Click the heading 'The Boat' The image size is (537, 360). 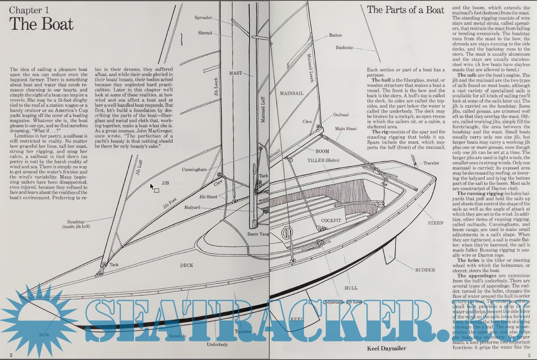tap(42, 24)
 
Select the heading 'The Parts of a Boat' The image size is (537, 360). tap(406, 10)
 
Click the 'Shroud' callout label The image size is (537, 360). tap(205, 33)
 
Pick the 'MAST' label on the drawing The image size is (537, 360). tap(235, 73)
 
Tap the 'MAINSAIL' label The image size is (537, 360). tap(291, 94)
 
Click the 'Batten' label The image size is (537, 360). tap(335, 35)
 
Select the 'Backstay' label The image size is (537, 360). tap(344, 48)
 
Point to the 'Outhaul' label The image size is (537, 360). tap(341, 115)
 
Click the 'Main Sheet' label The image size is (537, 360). tap(346, 129)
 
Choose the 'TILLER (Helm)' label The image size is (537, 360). tap(323, 161)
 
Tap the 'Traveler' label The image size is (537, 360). tap(431, 163)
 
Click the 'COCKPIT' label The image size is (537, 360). tap(331, 221)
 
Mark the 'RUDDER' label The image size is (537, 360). tap(425, 270)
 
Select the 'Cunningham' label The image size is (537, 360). tap(194, 170)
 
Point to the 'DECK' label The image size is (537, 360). tap(186, 265)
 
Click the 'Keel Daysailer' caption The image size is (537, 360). tap(386, 348)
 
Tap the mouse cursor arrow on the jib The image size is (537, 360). tap(152, 186)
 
